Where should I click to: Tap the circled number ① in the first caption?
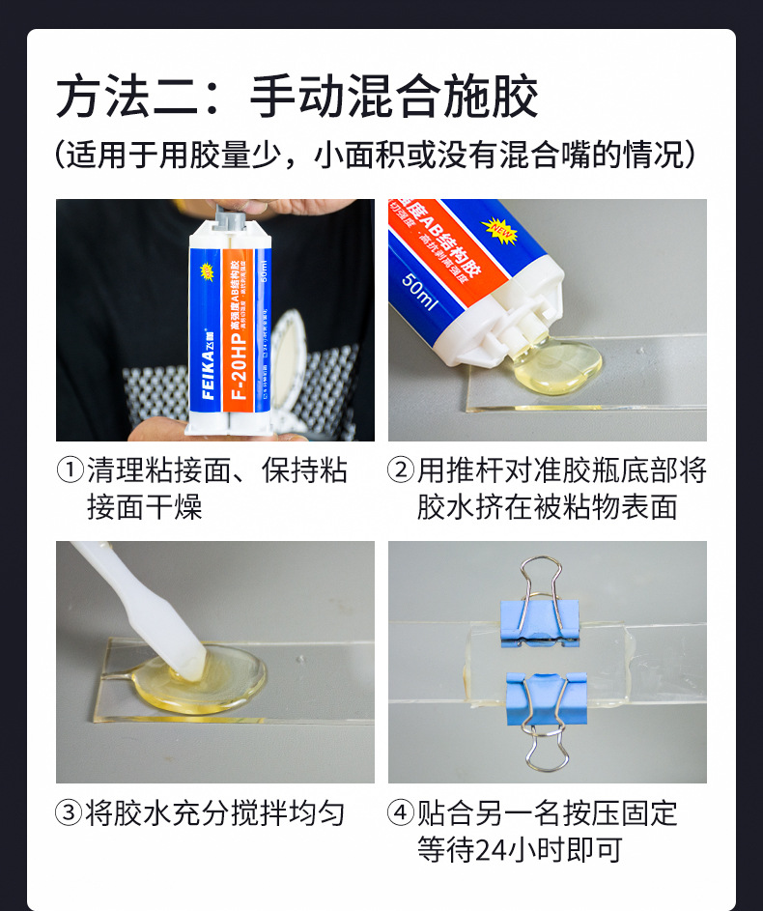click(71, 470)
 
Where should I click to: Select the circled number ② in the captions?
click(401, 470)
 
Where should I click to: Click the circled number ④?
click(401, 812)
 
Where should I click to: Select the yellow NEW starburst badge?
click(498, 230)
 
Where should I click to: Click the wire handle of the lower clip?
click(547, 745)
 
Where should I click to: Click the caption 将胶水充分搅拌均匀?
click(214, 812)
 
